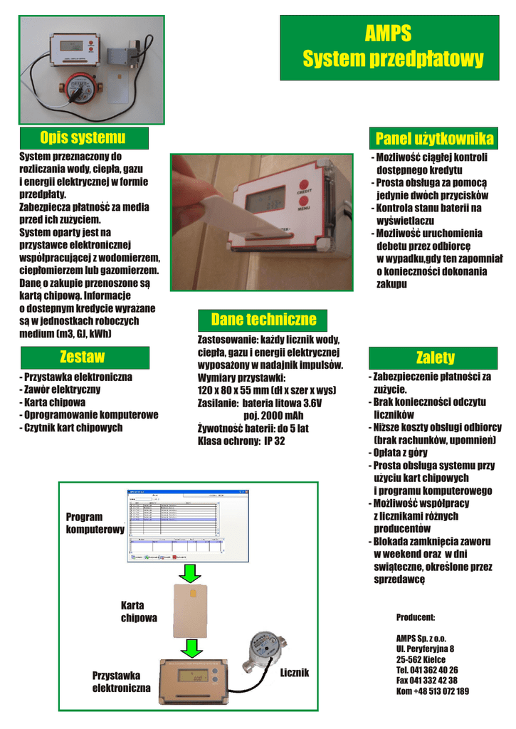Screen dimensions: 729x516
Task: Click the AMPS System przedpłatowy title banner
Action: coord(393,47)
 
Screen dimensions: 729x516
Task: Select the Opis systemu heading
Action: coord(83,137)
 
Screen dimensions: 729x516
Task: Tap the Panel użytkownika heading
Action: coord(433,138)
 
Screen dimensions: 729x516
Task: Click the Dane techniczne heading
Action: coord(263,318)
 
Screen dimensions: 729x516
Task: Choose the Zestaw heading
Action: coord(83,357)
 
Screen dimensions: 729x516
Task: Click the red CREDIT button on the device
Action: coord(305,184)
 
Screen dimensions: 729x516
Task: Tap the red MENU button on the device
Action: coord(304,203)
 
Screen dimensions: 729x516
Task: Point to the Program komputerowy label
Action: coord(94,523)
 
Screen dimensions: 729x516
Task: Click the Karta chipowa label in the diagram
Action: coord(139,612)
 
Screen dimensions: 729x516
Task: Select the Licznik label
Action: coord(295,673)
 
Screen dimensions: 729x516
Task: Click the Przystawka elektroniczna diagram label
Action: coord(121,682)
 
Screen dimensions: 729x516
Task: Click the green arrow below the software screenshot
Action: coord(190,572)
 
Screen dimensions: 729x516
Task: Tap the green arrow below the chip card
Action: coord(190,648)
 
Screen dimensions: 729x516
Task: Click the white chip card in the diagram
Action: coord(190,611)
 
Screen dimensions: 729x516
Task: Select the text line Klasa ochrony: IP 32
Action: coord(242,441)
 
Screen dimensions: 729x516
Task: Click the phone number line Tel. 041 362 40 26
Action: coord(426,670)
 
